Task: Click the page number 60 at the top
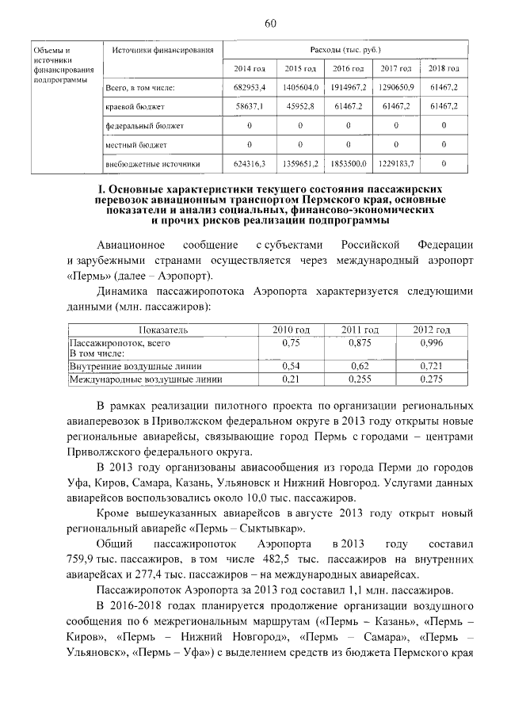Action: point(269,23)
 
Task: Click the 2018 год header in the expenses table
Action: point(444,69)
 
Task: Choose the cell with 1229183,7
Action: point(394,164)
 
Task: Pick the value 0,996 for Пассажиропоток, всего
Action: point(432,343)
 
